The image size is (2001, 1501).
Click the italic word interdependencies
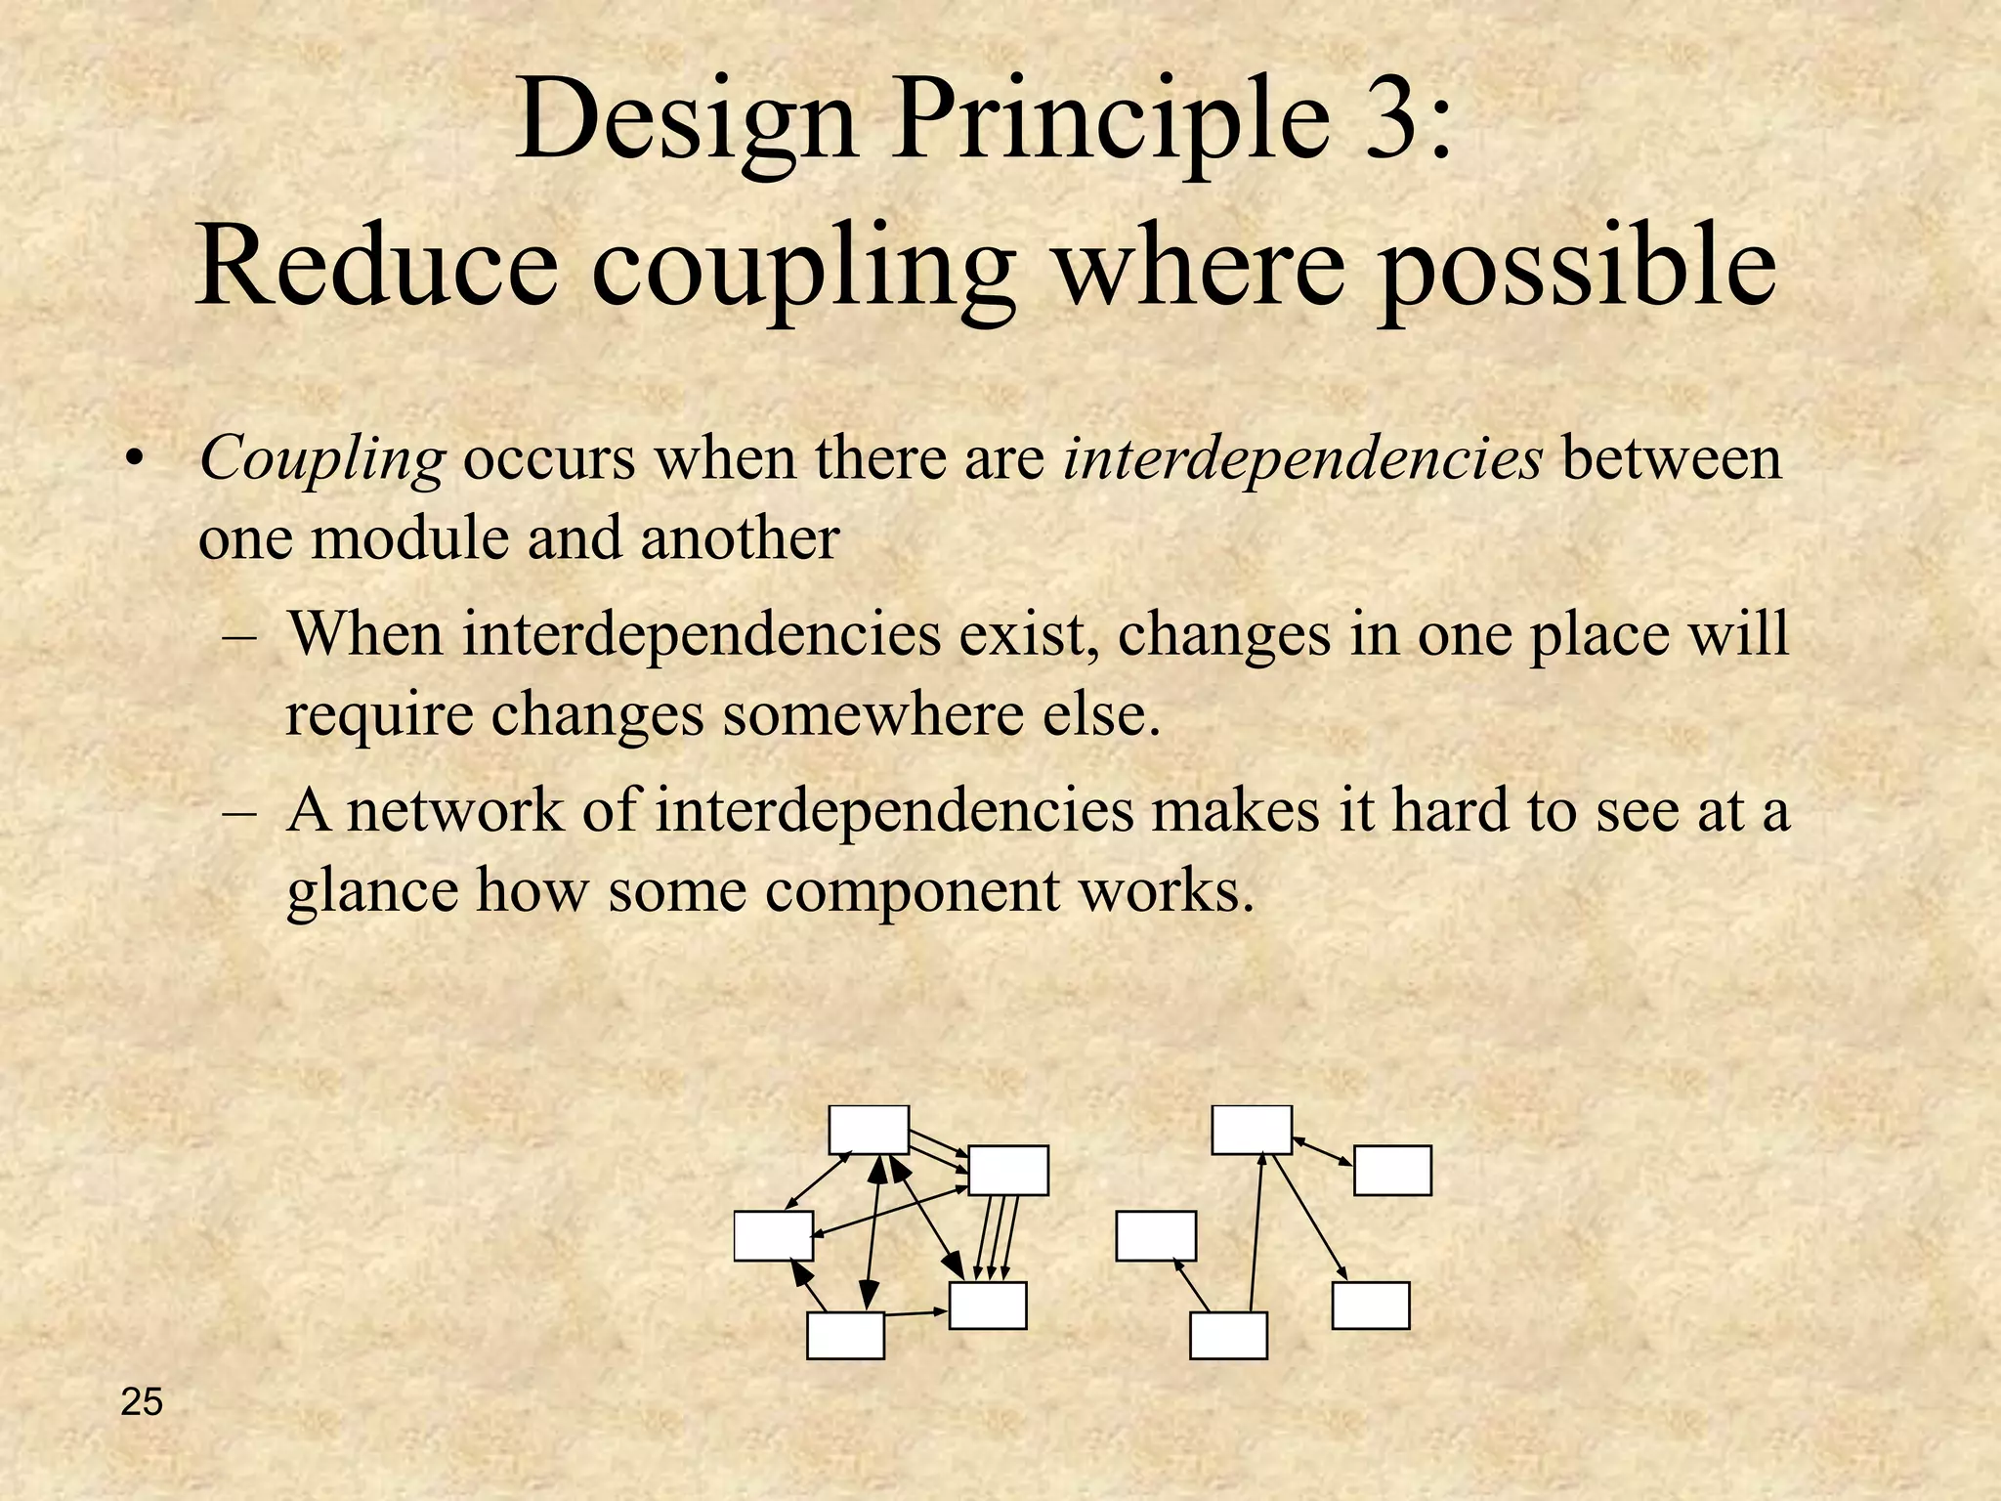tap(1302, 457)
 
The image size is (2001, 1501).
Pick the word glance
tap(372, 891)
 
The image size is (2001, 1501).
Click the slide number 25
tap(142, 1402)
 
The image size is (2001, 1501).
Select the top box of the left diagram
tap(869, 1130)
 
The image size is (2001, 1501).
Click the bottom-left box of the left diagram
tap(845, 1335)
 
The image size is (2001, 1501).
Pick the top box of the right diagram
tap(1252, 1130)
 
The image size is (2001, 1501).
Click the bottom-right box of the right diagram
tap(1371, 1306)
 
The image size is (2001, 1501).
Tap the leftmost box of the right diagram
tap(1156, 1236)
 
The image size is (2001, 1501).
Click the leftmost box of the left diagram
tap(773, 1236)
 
